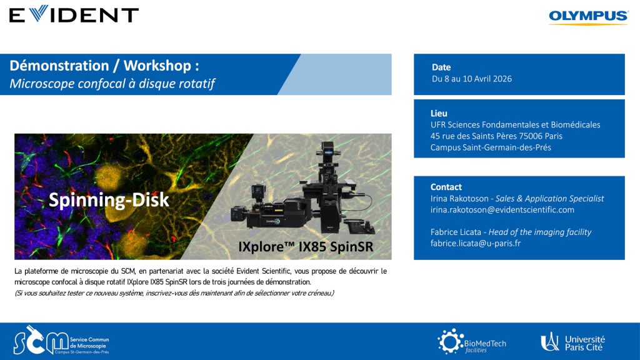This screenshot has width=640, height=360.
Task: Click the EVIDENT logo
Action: point(74,14)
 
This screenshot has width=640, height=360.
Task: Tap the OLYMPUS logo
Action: point(588,17)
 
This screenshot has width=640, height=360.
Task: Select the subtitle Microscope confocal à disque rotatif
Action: point(112,83)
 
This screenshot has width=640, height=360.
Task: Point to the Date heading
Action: point(441,67)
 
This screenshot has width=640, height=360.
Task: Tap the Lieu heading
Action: point(439,114)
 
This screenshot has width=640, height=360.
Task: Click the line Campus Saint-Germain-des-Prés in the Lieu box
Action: point(491,147)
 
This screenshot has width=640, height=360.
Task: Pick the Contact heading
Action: point(446,187)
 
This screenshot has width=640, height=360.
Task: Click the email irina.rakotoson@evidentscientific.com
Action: point(502,210)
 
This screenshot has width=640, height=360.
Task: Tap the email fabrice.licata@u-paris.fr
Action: point(476,243)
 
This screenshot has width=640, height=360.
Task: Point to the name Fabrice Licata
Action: point(456,232)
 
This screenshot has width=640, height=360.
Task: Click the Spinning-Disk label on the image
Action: point(109,200)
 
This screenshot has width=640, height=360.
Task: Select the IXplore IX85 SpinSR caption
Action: point(306,246)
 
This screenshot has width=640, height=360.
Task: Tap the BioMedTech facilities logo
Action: point(472,341)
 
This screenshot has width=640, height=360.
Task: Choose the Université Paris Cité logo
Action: point(572,342)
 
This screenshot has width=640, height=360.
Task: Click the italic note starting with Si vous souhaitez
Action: point(174,293)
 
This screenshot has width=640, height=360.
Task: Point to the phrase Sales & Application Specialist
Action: point(549,198)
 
